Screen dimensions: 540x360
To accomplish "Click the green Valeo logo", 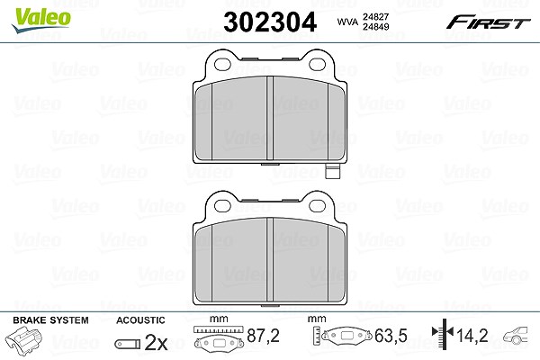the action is click(x=41, y=20).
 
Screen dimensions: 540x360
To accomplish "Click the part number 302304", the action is click(x=270, y=22).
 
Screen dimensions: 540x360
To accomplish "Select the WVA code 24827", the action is click(x=375, y=16).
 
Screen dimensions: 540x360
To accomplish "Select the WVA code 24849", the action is click(x=375, y=26).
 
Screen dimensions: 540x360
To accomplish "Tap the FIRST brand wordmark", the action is click(x=488, y=22).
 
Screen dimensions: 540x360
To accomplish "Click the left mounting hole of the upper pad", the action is click(x=222, y=64).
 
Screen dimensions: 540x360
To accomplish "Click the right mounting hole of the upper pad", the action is click(x=317, y=64).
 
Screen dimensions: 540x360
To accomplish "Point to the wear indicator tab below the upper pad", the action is click(x=332, y=171).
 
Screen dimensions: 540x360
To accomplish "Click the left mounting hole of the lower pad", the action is click(x=222, y=206).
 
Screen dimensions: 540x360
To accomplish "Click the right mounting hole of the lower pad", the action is click(x=317, y=206).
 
